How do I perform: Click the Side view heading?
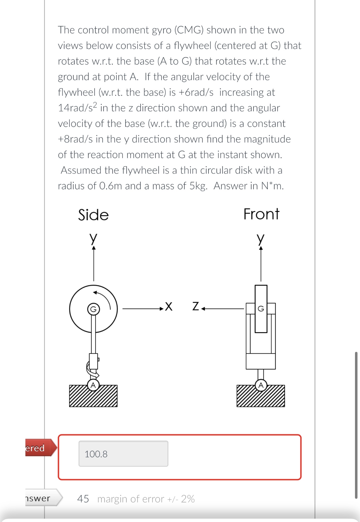coord(93,215)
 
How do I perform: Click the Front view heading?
coord(261,214)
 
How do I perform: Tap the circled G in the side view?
coord(93,309)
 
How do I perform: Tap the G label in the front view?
coord(261,309)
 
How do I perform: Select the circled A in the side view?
coord(93,385)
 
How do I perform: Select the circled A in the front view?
coord(261,385)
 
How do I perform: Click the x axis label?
coord(169,306)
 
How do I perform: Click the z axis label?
coord(196,306)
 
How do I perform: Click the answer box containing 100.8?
coord(123,454)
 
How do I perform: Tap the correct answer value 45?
coord(83,499)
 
